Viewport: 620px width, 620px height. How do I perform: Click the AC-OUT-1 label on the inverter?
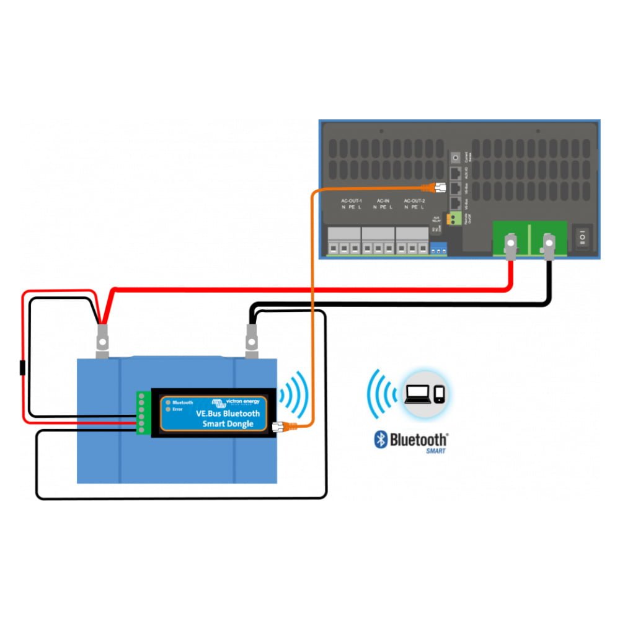coord(351,201)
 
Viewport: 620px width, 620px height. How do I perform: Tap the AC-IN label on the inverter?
coord(383,201)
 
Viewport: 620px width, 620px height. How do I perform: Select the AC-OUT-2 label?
coord(414,201)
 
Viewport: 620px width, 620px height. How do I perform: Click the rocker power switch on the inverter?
coord(583,237)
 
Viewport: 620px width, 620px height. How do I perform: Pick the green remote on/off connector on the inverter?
coord(458,218)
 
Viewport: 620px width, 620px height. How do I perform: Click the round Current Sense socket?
coord(457,157)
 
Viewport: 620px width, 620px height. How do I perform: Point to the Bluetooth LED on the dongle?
coord(167,402)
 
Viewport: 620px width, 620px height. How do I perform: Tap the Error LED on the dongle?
coord(167,410)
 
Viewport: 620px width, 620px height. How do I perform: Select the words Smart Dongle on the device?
coord(228,424)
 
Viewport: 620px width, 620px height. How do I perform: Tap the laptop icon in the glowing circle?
coord(416,394)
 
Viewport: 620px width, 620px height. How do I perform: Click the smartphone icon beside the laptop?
coord(439,394)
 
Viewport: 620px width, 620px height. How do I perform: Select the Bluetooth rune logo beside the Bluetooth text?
coord(380,440)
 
